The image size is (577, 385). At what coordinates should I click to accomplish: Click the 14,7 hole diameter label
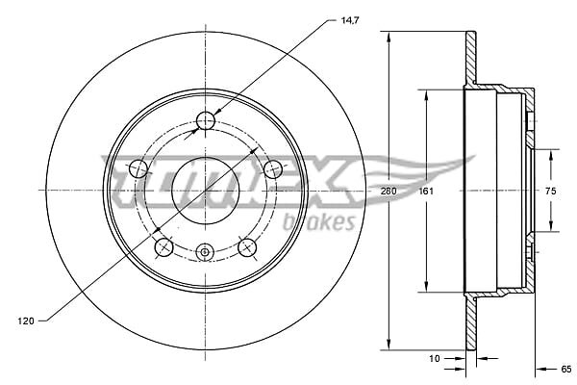350,20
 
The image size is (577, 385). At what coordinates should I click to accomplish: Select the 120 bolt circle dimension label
26,321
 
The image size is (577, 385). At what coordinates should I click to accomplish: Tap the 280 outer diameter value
389,191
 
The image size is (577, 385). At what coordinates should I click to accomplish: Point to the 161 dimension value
426,191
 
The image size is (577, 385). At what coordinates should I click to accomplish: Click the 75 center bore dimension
550,191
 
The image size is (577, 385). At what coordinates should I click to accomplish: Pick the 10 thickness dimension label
435,358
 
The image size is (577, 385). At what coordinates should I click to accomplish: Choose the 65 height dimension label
566,369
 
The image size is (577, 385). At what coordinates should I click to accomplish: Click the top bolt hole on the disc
206,120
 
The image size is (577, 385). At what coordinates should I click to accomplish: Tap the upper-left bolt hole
138,169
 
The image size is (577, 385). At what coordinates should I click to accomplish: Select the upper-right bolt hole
273,169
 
